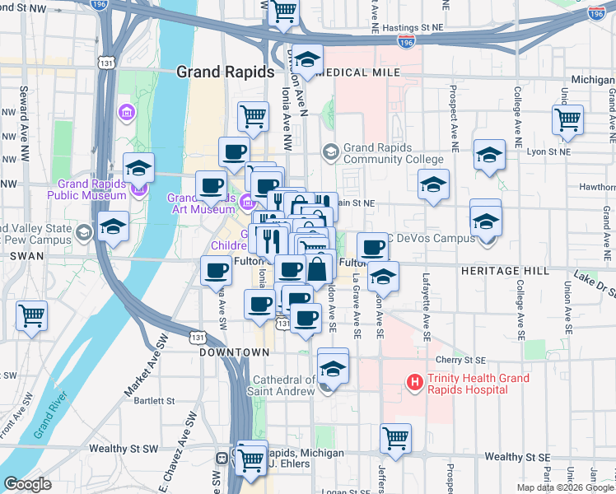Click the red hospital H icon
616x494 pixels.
[415, 383]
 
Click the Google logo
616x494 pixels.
[27, 485]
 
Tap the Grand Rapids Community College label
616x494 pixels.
[394, 153]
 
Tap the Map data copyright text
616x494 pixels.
[565, 487]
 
